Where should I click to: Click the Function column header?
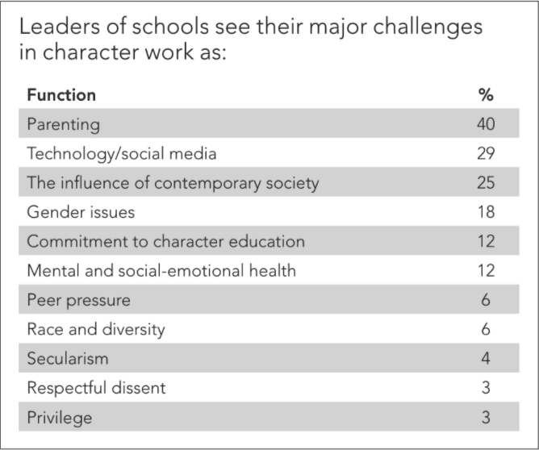(x=61, y=95)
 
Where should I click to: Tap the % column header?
(x=485, y=95)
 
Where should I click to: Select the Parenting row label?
(x=63, y=124)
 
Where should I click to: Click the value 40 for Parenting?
(x=485, y=124)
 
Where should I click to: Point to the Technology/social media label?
(x=122, y=153)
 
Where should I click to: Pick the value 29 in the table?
(x=485, y=153)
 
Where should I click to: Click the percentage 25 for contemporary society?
(x=485, y=183)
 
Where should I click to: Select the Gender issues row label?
(x=81, y=212)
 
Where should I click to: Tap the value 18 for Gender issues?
(x=485, y=212)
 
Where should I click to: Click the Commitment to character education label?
(x=165, y=241)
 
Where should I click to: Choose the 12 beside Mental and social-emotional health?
(x=485, y=270)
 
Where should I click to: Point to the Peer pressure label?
(x=78, y=300)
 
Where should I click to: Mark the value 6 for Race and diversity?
(x=486, y=329)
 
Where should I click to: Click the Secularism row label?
(x=67, y=358)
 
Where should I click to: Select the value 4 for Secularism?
(x=486, y=358)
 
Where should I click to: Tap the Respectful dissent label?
(x=96, y=388)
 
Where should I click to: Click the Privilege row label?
(x=60, y=417)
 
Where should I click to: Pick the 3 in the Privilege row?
(x=486, y=417)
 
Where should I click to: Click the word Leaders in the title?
(x=56, y=27)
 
